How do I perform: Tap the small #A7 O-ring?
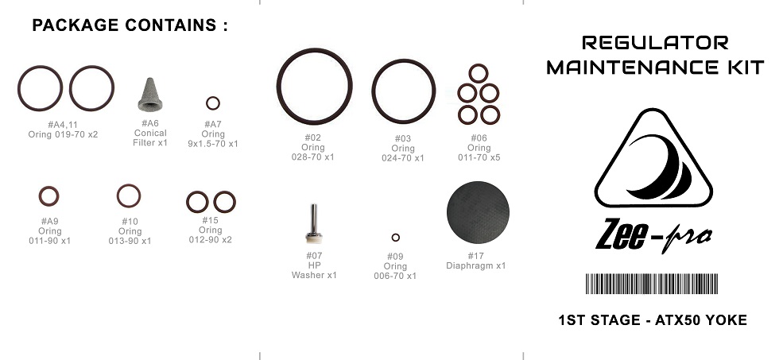coord(213,98)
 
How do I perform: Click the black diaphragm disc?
coord(478,212)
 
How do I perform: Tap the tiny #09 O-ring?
coord(396,234)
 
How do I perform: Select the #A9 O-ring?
coord(49,188)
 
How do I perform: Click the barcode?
coord(652,284)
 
